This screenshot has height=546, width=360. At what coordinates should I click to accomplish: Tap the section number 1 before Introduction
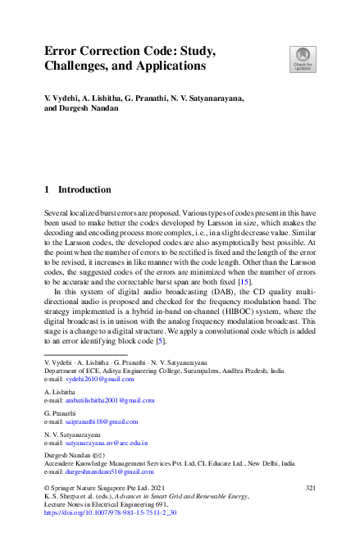point(47,189)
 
